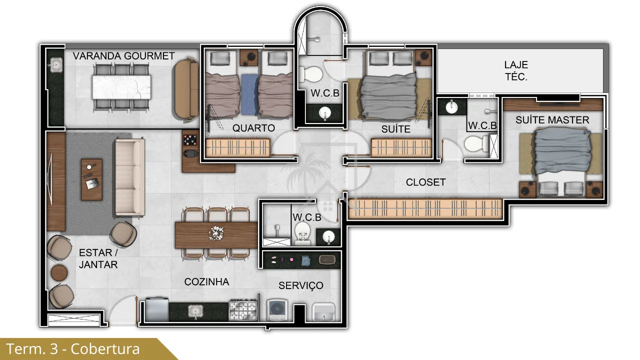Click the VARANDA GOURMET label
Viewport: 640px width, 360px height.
(x=123, y=56)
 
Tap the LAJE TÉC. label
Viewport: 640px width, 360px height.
(x=516, y=71)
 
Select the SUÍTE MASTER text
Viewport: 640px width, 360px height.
(x=552, y=120)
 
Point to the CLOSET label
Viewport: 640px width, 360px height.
(x=425, y=182)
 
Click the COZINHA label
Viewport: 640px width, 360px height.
(x=206, y=282)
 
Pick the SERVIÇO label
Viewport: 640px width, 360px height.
(x=301, y=285)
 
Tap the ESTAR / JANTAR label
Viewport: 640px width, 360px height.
(x=98, y=258)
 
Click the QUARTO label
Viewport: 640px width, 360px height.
(x=253, y=128)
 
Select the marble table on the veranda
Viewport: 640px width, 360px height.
(x=121, y=87)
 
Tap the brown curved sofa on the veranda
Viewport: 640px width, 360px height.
(x=187, y=89)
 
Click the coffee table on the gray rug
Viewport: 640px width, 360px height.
(x=91, y=179)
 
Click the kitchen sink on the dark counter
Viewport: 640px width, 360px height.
(x=195, y=311)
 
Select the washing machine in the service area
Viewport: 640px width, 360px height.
(x=277, y=309)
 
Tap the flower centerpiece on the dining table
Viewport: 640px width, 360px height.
(x=216, y=233)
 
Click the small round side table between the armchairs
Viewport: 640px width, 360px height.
(x=59, y=272)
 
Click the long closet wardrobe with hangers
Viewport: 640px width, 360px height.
(x=425, y=208)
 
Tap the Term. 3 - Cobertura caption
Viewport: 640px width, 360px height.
(x=73, y=349)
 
